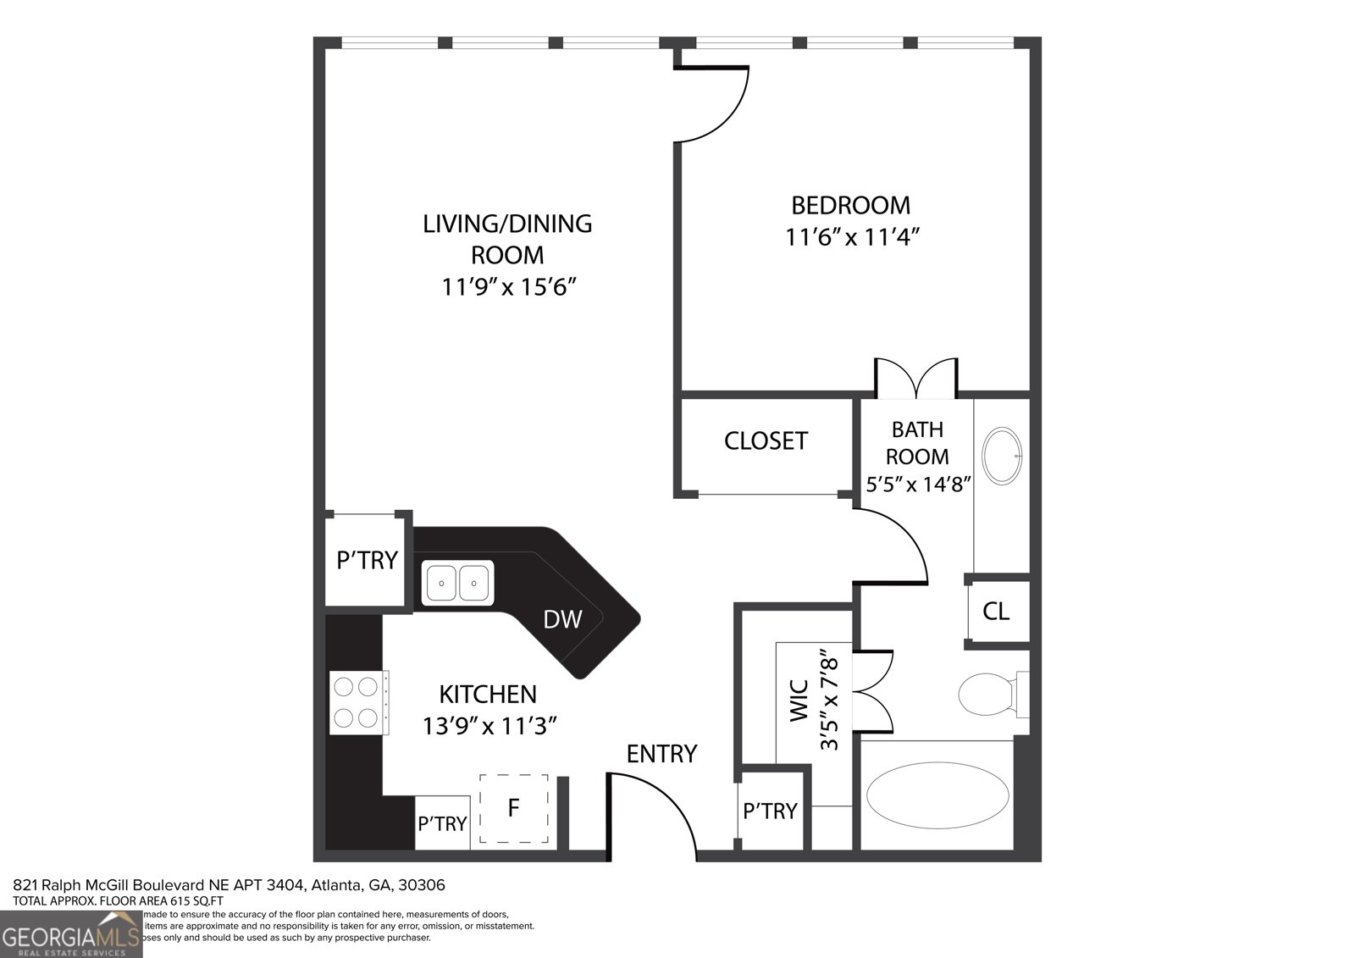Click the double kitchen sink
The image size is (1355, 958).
458,583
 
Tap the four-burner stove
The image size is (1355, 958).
356,701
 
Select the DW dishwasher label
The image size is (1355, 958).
562,620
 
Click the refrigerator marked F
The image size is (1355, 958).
513,808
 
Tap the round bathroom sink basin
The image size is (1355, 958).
1003,456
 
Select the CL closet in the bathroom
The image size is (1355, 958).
997,611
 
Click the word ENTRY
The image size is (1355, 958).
661,753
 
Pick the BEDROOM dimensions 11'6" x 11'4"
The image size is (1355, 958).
851,237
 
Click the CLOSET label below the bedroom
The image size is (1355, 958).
766,440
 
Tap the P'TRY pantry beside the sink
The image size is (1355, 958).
367,560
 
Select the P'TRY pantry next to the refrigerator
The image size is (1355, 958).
442,823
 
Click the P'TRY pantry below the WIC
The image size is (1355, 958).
770,811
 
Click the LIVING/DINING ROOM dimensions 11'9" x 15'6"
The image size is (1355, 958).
508,287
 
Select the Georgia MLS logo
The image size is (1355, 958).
71,934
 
